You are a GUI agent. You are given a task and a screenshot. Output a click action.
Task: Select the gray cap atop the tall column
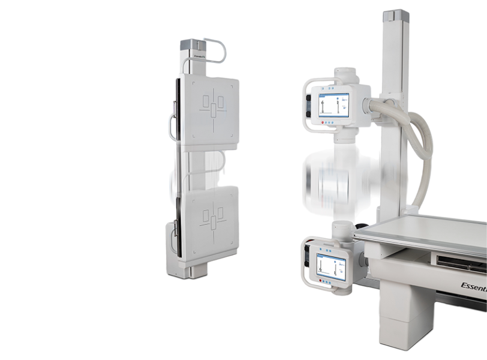[396, 17]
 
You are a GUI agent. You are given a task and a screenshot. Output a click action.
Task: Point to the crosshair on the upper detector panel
[213, 110]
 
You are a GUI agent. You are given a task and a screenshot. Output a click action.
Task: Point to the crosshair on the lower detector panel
[213, 219]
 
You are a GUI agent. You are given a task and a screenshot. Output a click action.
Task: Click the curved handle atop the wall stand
[216, 49]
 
